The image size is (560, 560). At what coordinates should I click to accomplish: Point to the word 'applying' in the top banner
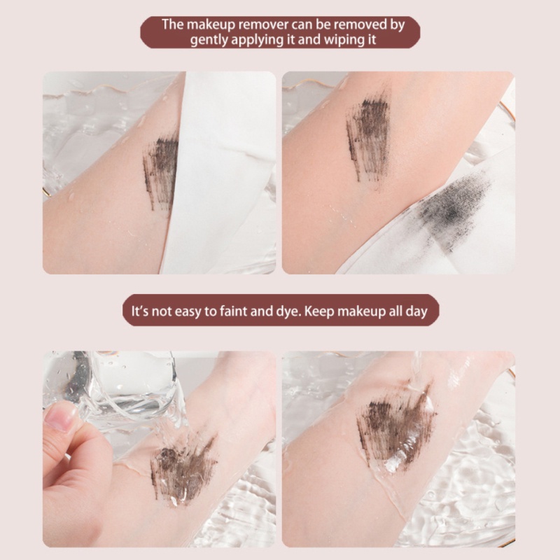pyautogui.click(x=254, y=40)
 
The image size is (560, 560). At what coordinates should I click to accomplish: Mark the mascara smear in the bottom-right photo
pyautogui.click(x=395, y=423)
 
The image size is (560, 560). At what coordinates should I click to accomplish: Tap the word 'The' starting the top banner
pyautogui.click(x=172, y=24)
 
